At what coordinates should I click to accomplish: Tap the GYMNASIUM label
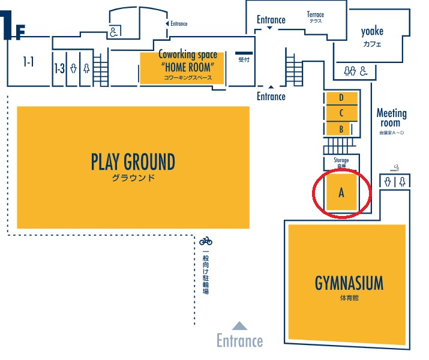pos(349,283)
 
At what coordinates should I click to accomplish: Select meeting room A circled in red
pos(341,193)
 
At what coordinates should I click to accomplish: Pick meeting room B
pos(341,128)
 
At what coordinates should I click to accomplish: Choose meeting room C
pos(341,113)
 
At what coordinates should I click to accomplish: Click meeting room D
pos(341,98)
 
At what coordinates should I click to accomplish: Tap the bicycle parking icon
pos(206,241)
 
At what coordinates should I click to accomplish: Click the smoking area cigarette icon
pos(396,168)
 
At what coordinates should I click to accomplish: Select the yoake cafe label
pos(373,32)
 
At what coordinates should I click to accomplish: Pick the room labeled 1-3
pos(59,68)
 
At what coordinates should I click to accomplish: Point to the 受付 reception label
pos(244,59)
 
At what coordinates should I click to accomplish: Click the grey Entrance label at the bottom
pos(239,341)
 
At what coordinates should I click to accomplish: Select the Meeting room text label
pos(391,118)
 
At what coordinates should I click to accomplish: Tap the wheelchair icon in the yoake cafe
pos(364,71)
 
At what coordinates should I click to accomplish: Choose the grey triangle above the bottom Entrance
pos(239,326)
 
